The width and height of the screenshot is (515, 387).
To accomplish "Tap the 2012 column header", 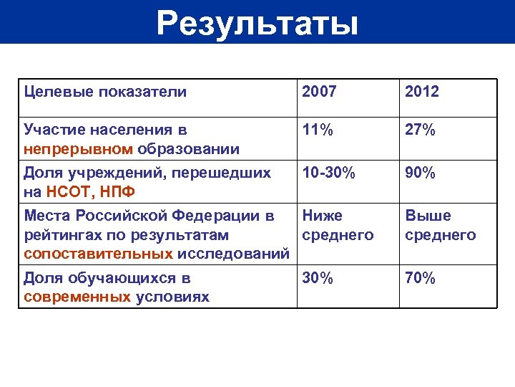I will click(x=423, y=92).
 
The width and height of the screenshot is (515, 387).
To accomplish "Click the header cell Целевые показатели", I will click(x=105, y=92).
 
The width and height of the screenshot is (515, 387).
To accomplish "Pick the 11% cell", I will click(x=318, y=130).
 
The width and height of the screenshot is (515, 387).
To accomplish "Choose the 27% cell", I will click(x=421, y=130).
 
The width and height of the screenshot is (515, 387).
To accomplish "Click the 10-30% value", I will click(x=328, y=173).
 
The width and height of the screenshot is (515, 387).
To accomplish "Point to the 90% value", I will click(x=421, y=173).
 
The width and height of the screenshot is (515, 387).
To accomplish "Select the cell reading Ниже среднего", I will click(x=338, y=226).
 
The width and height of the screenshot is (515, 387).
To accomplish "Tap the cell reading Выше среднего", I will click(x=441, y=226).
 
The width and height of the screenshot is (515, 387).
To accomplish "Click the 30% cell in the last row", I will click(x=318, y=279).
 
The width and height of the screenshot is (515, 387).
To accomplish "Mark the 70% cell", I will click(x=421, y=279).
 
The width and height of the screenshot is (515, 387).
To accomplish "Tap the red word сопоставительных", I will click(x=99, y=254).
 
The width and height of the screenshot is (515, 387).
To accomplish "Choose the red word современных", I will click(x=77, y=297).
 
